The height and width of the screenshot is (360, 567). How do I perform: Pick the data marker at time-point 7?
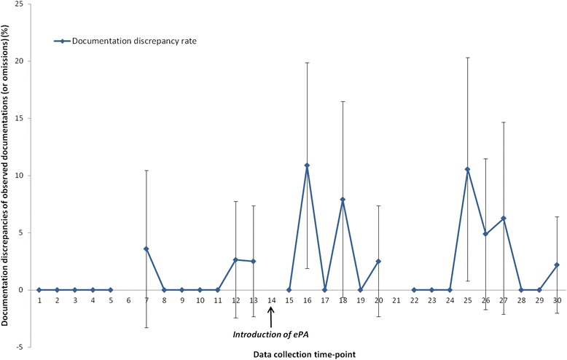[146, 249]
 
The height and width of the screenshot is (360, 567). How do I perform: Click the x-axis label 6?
[128, 300]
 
